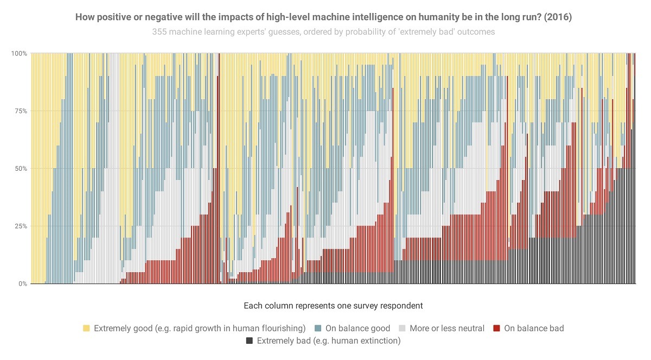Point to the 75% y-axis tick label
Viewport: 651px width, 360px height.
pyautogui.click(x=20, y=111)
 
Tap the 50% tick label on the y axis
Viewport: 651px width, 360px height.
pyautogui.click(x=20, y=169)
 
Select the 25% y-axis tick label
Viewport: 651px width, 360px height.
pyautogui.click(x=20, y=226)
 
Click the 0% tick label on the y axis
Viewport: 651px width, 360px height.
pyautogui.click(x=22, y=284)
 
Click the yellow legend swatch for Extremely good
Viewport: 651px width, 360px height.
pyautogui.click(x=86, y=328)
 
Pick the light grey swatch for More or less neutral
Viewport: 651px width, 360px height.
pyautogui.click(x=402, y=328)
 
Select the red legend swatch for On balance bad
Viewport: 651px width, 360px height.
pyautogui.click(x=496, y=328)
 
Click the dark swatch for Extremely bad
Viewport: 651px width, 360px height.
pyautogui.click(x=250, y=341)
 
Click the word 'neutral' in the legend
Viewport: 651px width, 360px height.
pyautogui.click(x=469, y=328)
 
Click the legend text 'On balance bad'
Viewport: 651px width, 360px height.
pyautogui.click(x=534, y=328)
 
